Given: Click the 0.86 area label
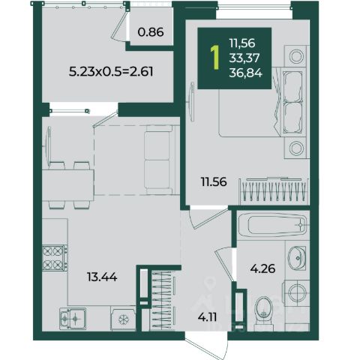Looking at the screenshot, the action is point(151,32).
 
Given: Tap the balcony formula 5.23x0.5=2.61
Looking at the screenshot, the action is point(111,72).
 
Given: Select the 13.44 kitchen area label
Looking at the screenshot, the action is point(102,277).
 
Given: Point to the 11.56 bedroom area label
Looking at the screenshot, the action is point(214,181).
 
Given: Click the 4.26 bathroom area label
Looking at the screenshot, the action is point(262,268).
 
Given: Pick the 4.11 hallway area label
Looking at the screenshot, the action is point(207,317).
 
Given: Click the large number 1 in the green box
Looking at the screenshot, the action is point(214,58).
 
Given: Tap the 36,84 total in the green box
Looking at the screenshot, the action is point(245,73).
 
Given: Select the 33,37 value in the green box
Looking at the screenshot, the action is point(244,58).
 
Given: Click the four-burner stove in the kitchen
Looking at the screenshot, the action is point(55,258).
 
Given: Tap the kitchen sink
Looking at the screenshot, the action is point(73,319).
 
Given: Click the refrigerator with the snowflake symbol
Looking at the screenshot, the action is point(123,319).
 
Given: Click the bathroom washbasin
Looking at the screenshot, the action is point(297,257).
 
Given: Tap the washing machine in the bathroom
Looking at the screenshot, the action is point(296,292).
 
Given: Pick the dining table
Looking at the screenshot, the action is point(68,185).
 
